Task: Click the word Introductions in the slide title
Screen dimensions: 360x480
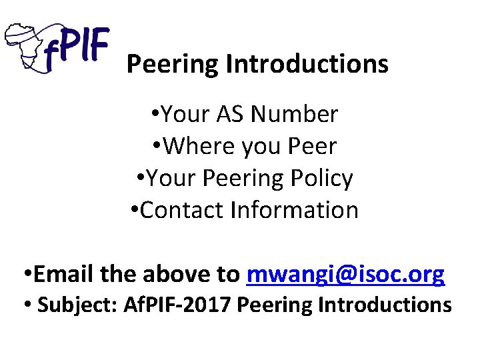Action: click(307, 65)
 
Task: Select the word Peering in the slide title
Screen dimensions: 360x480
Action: click(173, 65)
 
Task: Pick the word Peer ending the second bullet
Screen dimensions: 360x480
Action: click(312, 146)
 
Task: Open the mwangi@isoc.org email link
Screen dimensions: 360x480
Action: click(345, 274)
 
